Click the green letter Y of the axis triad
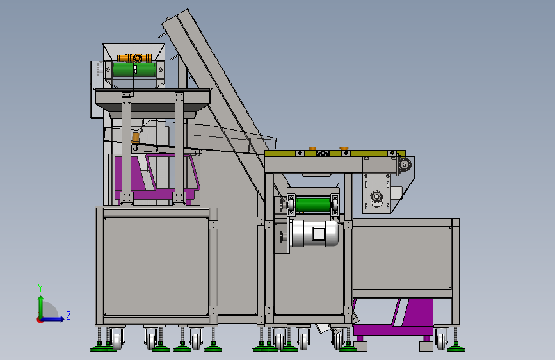[x=40, y=288]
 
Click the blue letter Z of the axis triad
[x=68, y=315]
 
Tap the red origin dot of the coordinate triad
[x=40, y=320]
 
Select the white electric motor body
[x=314, y=233]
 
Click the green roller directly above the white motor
[x=313, y=205]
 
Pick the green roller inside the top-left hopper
[x=134, y=69]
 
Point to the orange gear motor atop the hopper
[x=134, y=58]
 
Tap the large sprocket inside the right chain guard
[x=376, y=197]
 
